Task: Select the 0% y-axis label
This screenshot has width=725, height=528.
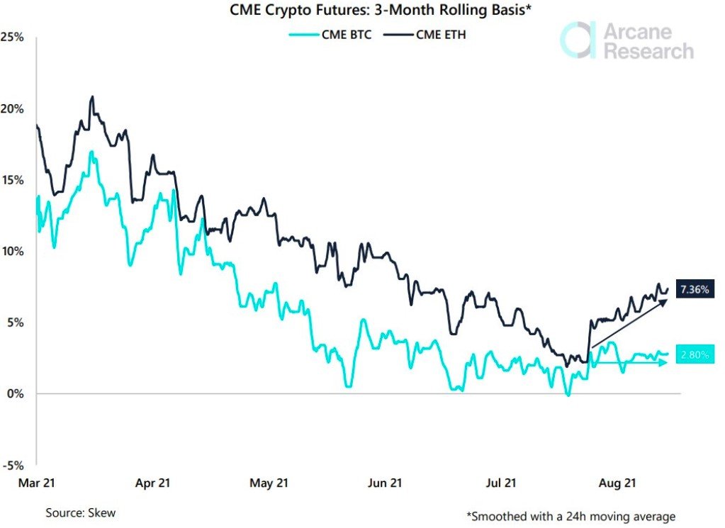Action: point(15,394)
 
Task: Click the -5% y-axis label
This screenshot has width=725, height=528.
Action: point(13,466)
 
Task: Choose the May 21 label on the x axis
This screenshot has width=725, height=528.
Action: point(269,483)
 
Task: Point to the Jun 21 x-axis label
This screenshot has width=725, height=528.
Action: point(386,483)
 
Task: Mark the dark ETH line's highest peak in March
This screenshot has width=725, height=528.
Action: point(91,97)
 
